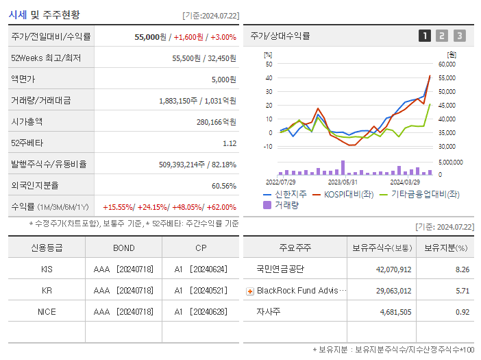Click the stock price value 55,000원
click(151, 36)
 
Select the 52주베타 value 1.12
click(230, 143)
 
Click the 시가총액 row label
click(27, 121)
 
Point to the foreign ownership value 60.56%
click(224, 186)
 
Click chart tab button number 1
click(425, 36)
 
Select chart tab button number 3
click(459, 36)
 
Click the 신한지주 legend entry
click(286, 194)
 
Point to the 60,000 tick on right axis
click(446, 64)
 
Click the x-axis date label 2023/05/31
click(343, 182)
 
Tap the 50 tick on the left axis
click(269, 64)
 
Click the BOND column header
click(124, 248)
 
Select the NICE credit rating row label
click(47, 311)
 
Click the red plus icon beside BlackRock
click(250, 291)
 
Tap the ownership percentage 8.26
click(462, 269)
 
